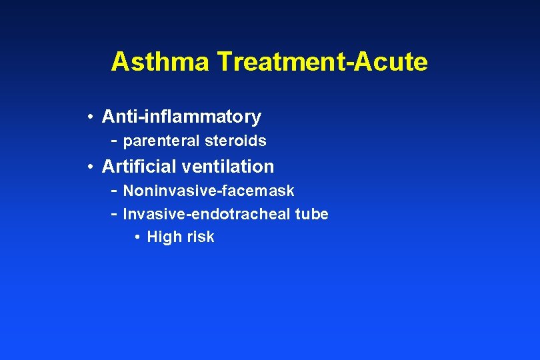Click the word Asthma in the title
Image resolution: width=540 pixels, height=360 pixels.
(x=160, y=62)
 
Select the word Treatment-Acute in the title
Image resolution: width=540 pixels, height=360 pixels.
(x=322, y=62)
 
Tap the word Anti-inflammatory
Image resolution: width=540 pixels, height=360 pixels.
(x=181, y=117)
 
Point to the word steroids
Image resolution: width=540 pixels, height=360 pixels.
(x=239, y=141)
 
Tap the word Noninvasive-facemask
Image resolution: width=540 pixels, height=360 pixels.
(x=209, y=191)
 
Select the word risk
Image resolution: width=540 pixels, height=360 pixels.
(x=198, y=237)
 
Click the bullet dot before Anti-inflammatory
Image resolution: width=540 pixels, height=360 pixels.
(x=89, y=118)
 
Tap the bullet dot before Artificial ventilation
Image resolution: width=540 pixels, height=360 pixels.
(x=89, y=167)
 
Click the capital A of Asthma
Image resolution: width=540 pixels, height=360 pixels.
(x=120, y=62)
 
